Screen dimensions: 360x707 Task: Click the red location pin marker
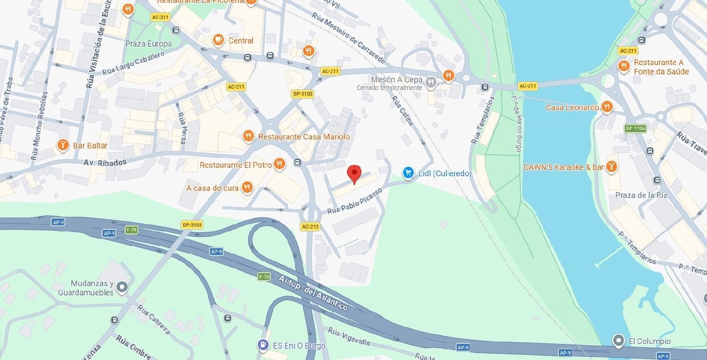click(354, 173)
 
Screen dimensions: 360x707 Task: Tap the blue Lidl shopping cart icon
click(408, 173)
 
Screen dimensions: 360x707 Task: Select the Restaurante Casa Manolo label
click(304, 137)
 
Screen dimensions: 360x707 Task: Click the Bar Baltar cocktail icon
click(62, 145)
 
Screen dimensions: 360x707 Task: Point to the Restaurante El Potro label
click(236, 165)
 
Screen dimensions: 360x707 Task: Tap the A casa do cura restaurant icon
click(247, 188)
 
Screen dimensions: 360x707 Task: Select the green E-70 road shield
click(264, 277)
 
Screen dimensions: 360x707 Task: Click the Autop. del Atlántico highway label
click(313, 293)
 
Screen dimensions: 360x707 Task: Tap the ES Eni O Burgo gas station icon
click(263, 345)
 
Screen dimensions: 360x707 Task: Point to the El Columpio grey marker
click(618, 340)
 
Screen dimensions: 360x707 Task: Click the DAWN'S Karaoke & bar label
click(563, 167)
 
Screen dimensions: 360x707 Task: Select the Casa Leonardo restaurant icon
click(607, 107)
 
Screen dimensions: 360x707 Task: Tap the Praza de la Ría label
click(641, 195)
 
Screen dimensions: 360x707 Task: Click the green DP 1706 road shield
click(635, 128)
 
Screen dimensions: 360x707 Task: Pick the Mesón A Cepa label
click(396, 80)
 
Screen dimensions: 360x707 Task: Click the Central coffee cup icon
click(218, 41)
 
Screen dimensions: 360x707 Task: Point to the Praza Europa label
click(148, 44)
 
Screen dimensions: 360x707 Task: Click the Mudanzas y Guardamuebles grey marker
click(122, 286)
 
